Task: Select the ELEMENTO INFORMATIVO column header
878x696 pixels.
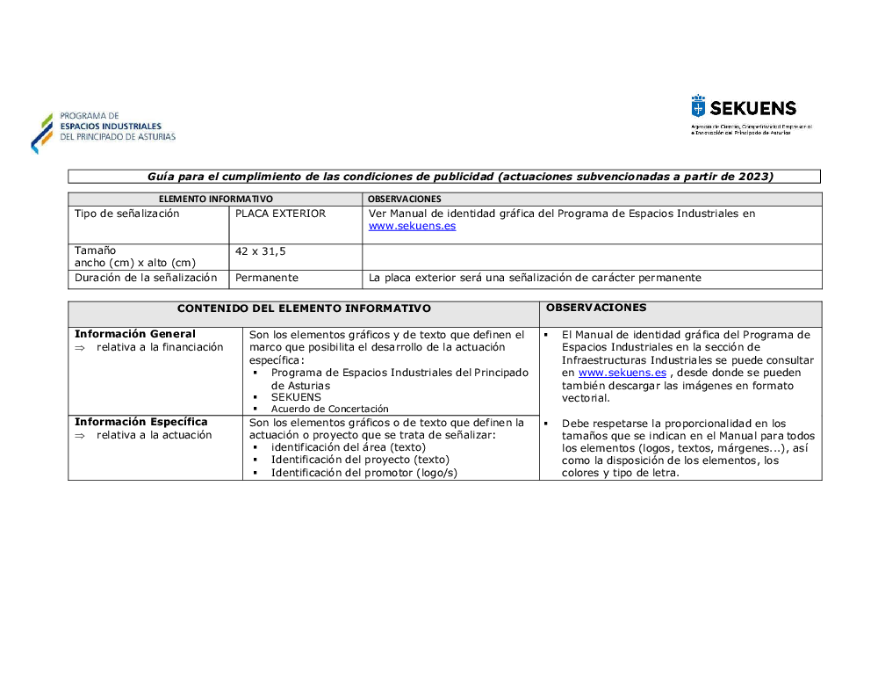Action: coord(215,199)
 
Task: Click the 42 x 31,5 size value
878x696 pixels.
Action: coord(261,251)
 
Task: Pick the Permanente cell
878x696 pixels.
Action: coord(267,278)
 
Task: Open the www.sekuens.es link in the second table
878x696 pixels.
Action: coord(622,373)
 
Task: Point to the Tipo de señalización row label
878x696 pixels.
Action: coord(127,214)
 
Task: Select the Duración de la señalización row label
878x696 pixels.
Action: coord(146,278)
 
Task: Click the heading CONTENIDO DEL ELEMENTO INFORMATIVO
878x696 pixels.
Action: coord(304,308)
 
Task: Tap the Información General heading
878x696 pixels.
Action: coord(135,334)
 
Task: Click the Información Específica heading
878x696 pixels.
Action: coord(141,422)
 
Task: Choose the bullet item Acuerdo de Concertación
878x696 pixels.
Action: coord(329,409)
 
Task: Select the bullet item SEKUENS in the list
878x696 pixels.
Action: coord(297,397)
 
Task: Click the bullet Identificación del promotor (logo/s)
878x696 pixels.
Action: coord(364,473)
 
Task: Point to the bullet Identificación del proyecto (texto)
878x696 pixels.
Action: coord(360,460)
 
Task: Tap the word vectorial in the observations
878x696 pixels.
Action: coord(586,398)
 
